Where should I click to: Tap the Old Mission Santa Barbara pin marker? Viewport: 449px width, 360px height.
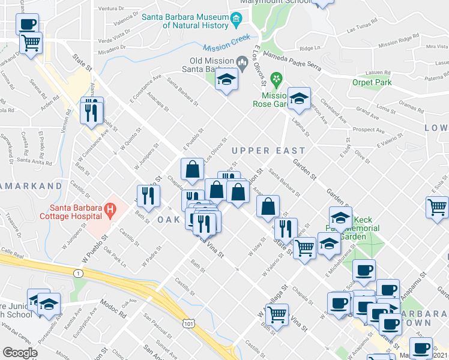[242, 61]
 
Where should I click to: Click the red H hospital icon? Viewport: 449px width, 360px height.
[110, 210]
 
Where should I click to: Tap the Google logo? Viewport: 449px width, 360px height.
[20, 353]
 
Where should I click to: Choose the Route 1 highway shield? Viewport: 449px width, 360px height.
[77, 274]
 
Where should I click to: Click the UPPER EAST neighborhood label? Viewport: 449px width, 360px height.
[268, 151]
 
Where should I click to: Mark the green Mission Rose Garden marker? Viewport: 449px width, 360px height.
[277, 79]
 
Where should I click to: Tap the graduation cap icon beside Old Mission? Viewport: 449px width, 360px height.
[226, 80]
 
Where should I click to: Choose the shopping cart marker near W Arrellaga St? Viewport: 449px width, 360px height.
[276, 315]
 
